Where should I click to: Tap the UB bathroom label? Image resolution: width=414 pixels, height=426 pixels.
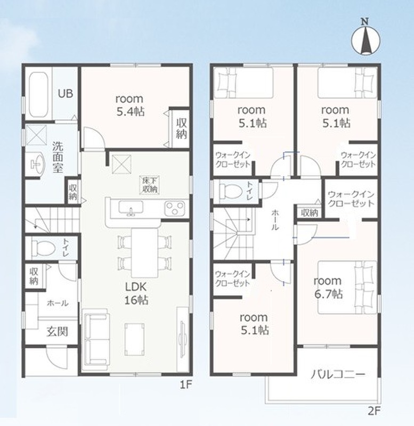66,94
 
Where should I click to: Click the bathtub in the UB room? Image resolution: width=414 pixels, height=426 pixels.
38,95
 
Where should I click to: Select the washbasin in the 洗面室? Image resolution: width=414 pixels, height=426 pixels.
37,163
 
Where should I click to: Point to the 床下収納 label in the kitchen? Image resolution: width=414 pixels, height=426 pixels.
149,185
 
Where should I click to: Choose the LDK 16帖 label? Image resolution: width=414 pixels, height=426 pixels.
136,293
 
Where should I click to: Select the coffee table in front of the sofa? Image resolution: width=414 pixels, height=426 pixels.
134,339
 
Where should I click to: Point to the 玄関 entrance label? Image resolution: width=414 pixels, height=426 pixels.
57,332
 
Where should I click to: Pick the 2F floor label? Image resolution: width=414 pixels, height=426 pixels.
374,411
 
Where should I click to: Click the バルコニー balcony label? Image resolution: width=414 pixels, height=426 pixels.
338,375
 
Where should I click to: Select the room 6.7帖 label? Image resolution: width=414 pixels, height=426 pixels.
328,288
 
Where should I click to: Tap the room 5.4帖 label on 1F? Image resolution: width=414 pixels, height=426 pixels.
130,105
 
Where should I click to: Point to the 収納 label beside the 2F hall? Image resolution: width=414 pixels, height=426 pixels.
310,213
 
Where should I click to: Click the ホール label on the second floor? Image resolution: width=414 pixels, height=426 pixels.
275,220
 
